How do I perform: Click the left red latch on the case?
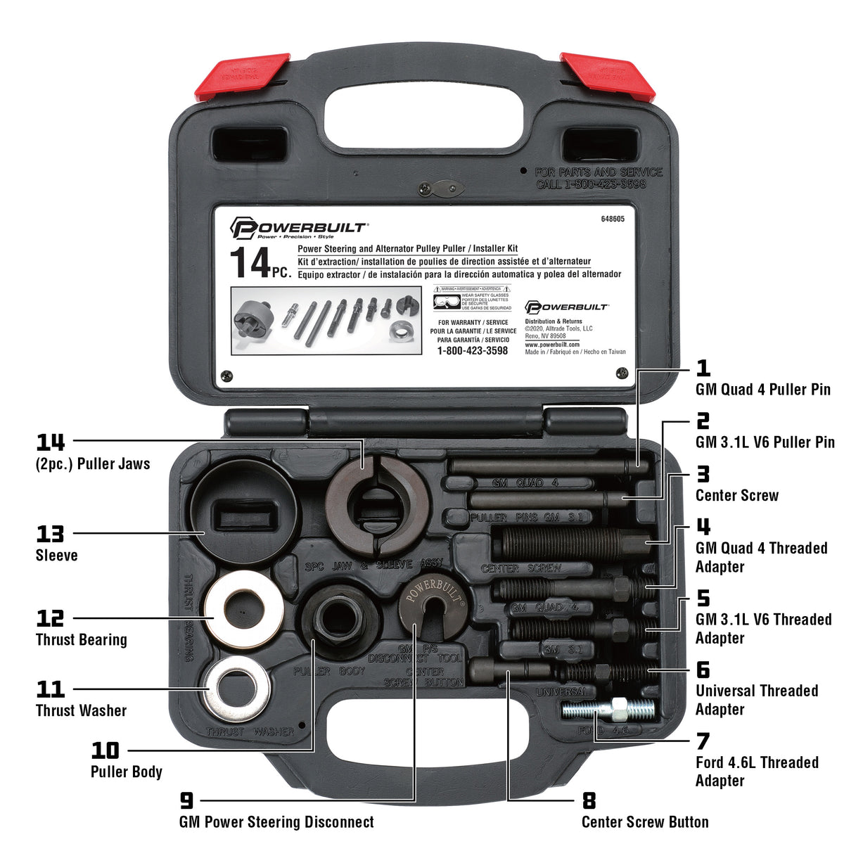point(242,75)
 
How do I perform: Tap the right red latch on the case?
point(607,75)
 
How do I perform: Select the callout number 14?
point(51,442)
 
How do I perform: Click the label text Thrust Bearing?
point(81,640)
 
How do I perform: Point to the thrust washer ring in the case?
point(238,684)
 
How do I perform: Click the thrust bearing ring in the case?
point(244,609)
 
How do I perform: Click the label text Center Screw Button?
point(644,822)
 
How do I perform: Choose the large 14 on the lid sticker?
point(250,263)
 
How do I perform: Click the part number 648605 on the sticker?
point(612,219)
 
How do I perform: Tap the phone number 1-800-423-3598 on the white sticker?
point(472,350)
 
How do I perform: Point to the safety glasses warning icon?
point(447,301)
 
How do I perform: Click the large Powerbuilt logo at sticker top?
point(298,228)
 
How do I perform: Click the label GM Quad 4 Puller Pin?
point(762,390)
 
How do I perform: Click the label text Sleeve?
point(56,556)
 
